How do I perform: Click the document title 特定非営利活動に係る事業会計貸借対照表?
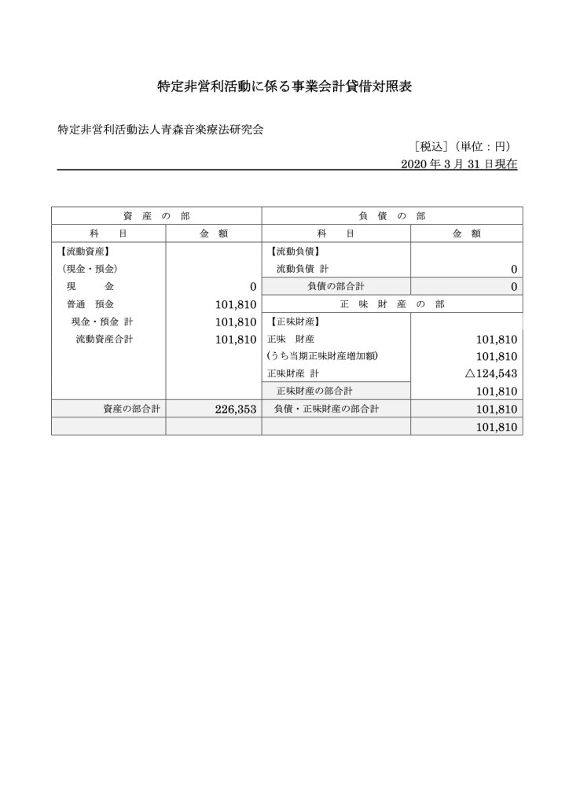(284, 87)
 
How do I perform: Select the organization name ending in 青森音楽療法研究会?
(160, 130)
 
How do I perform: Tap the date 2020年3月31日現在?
(459, 164)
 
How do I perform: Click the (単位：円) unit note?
(486, 146)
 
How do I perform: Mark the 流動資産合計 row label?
(105, 339)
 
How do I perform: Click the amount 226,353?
(236, 409)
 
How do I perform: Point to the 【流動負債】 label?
(295, 252)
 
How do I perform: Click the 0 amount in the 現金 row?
(253, 287)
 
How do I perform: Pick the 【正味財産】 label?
(295, 322)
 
